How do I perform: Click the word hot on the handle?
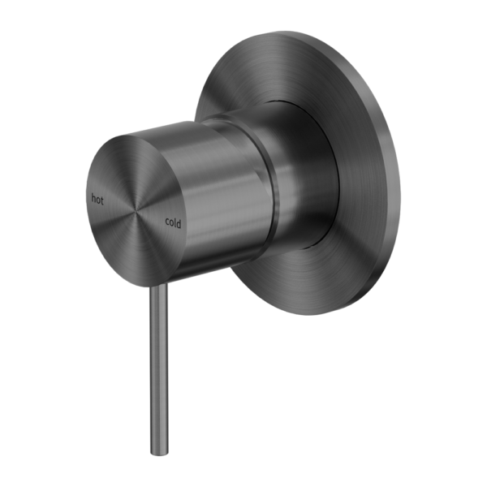(x=98, y=197)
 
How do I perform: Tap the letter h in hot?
(x=94, y=197)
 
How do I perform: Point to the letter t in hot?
(x=102, y=198)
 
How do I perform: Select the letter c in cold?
(x=167, y=221)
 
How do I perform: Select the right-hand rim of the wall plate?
(x=399, y=175)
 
